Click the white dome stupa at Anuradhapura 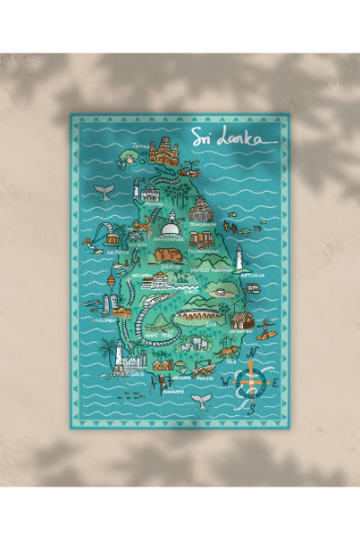(x=168, y=230)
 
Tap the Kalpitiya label (x=118, y=252)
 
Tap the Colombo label (x=99, y=318)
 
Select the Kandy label (x=188, y=291)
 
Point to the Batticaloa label (x=251, y=275)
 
